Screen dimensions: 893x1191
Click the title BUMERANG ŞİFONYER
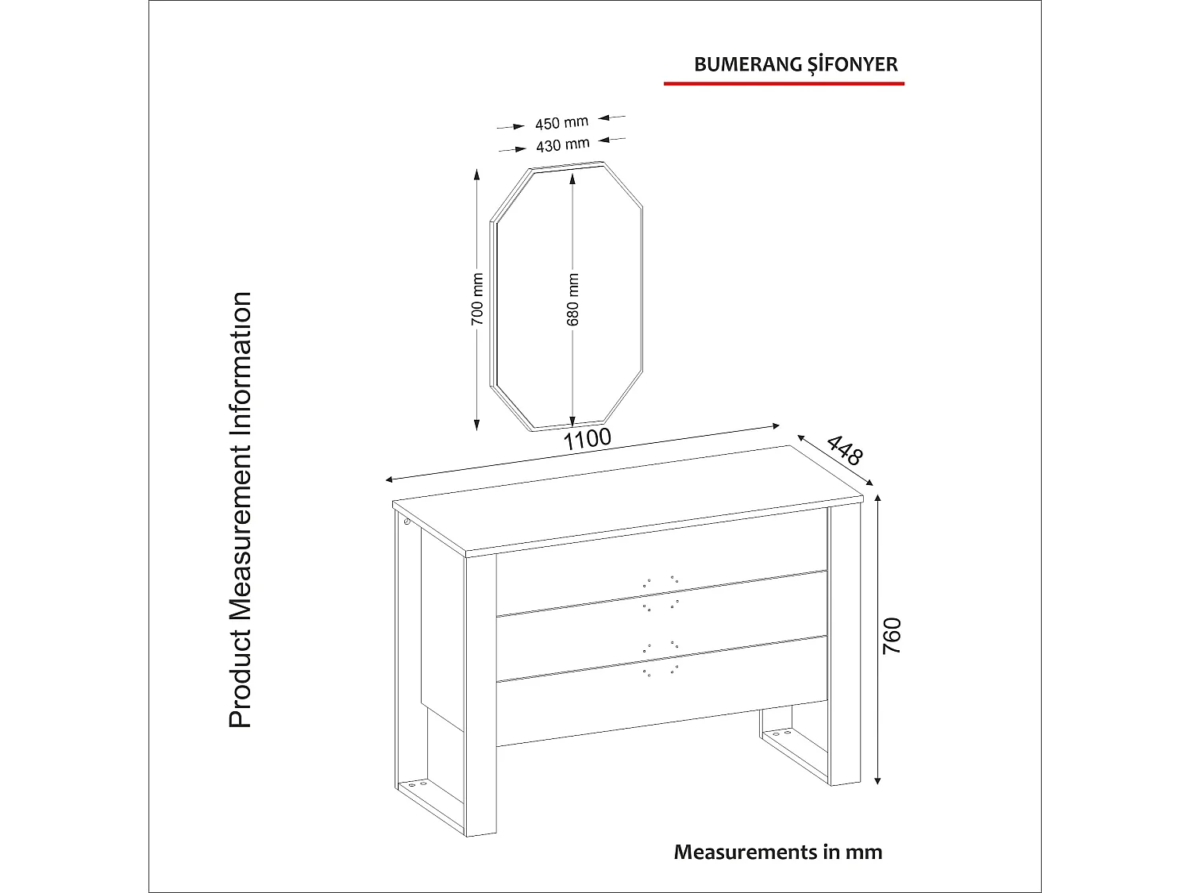click(796, 64)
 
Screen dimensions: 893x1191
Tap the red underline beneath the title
click(784, 83)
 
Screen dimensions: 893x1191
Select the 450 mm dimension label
click(561, 123)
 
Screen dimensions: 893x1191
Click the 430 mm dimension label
click(562, 145)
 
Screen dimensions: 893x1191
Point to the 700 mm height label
click(477, 298)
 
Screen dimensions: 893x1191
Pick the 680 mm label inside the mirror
click(573, 300)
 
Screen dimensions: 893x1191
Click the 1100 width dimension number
click(588, 439)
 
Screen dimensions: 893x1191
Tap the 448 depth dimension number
click(844, 450)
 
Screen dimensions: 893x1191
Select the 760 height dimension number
click(892, 635)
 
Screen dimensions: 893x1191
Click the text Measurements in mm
click(778, 852)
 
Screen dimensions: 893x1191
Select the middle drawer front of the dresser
click(659, 627)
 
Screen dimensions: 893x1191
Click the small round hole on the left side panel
click(407, 522)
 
